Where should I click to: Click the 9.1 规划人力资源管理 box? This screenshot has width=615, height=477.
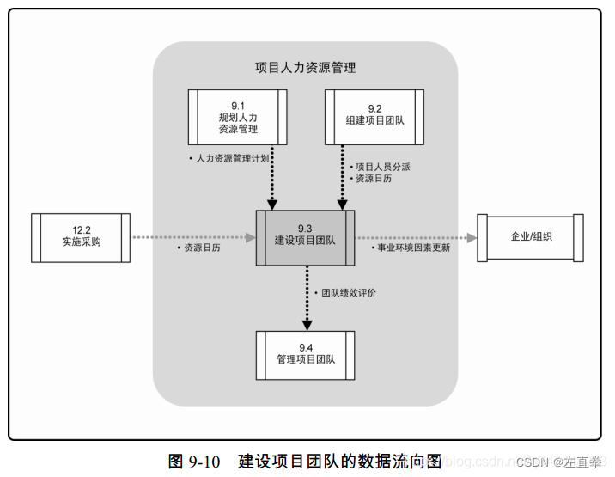(238, 117)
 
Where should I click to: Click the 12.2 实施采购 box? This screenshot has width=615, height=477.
(81, 236)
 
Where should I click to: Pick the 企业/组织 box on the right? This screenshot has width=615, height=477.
(532, 236)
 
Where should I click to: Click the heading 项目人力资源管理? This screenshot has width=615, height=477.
(305, 68)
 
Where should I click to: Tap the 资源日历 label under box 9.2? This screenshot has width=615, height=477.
(374, 178)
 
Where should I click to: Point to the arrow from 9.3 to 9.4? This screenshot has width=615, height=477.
(306, 297)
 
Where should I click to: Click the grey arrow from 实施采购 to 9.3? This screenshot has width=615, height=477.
(193, 236)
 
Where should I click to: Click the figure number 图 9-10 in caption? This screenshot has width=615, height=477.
(197, 462)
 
